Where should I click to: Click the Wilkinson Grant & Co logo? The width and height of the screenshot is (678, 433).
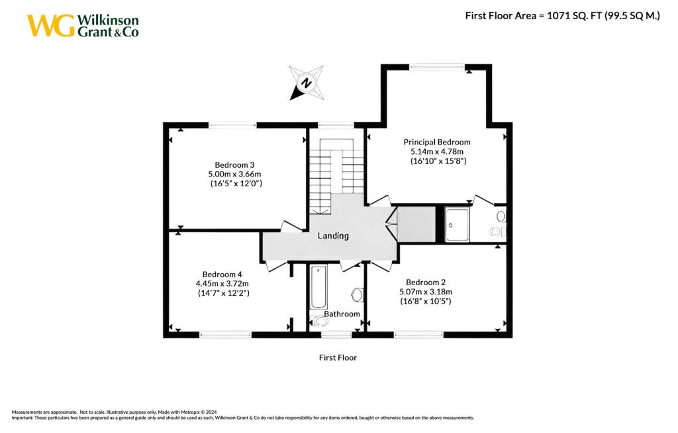pyautogui.click(x=83, y=25)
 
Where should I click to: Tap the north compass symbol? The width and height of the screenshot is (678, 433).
pyautogui.click(x=307, y=83)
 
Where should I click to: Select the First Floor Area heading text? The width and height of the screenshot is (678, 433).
pyautogui.click(x=562, y=16)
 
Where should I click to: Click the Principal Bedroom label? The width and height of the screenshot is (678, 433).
pyautogui.click(x=437, y=142)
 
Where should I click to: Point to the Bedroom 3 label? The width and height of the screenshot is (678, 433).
pyautogui.click(x=234, y=164)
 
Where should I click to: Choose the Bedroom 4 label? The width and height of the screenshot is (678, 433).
pyautogui.click(x=223, y=275)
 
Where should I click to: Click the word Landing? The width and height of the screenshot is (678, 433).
pyautogui.click(x=333, y=236)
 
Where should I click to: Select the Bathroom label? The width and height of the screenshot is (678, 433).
pyautogui.click(x=342, y=314)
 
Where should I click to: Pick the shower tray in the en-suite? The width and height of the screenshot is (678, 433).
pyautogui.click(x=457, y=225)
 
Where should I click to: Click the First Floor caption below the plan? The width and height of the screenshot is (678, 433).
pyautogui.click(x=338, y=357)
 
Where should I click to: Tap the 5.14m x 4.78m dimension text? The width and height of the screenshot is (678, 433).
pyautogui.click(x=437, y=151)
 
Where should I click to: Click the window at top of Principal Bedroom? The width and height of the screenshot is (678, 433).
pyautogui.click(x=436, y=66)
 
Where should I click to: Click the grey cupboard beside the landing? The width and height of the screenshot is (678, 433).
pyautogui.click(x=416, y=225)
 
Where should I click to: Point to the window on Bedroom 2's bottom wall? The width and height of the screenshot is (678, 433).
pyautogui.click(x=418, y=334)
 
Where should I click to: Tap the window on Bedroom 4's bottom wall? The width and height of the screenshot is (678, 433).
pyautogui.click(x=226, y=334)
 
